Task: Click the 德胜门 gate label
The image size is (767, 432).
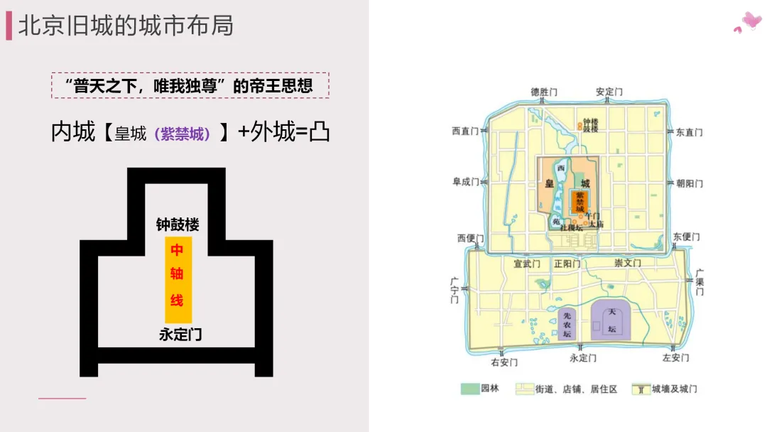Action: [544, 92]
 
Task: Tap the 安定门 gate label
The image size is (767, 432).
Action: [609, 92]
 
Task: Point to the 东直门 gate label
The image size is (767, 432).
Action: [689, 132]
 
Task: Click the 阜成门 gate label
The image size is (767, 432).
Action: [466, 182]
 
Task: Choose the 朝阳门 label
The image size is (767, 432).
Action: [689, 183]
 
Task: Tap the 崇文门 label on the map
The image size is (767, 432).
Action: [628, 263]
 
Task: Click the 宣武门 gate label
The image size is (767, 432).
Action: [527, 264]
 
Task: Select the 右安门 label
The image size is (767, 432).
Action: [504, 362]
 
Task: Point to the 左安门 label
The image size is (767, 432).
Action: [675, 358]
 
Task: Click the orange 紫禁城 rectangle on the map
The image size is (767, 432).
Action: [580, 202]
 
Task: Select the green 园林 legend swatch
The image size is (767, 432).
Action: [469, 389]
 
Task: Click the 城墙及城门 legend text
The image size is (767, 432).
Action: [674, 389]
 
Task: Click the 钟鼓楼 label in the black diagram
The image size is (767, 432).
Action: [178, 225]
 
